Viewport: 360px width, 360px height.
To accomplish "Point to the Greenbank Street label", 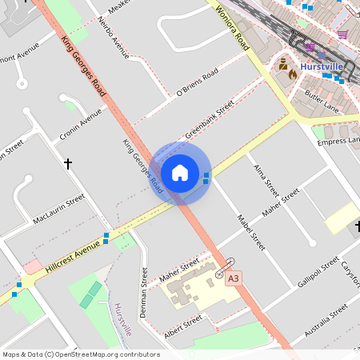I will coord(210,118).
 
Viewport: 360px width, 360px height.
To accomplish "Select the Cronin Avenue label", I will coord(81,126).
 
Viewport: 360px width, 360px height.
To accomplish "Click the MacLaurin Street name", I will coord(58,210).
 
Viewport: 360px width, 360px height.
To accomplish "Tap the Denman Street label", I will coord(145,293).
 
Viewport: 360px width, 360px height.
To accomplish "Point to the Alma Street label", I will coord(266,178).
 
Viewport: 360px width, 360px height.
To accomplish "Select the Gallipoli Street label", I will coord(318,274).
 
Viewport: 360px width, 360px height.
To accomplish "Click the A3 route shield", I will coord(233,279).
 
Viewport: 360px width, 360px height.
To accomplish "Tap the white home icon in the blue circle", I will coord(180,174).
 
